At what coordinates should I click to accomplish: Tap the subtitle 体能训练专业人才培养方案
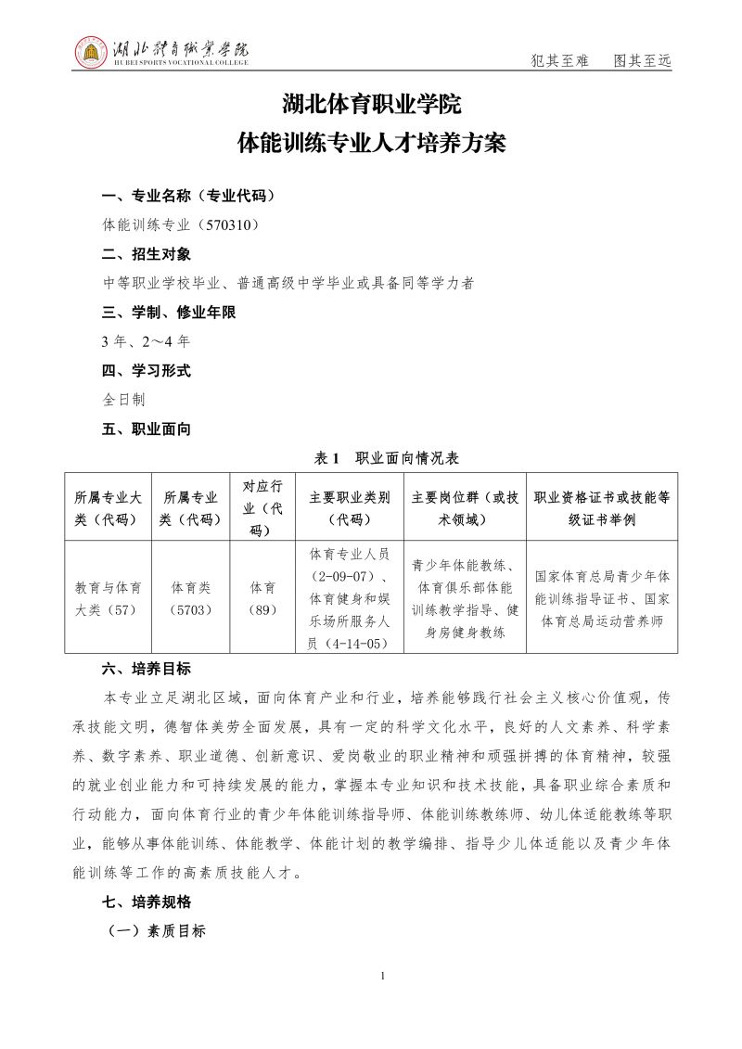371,144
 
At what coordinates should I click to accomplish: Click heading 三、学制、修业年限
169,313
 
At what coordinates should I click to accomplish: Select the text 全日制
123,400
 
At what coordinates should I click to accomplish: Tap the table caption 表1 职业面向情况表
370,458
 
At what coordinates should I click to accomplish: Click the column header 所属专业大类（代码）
108,507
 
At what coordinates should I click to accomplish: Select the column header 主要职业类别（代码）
350,507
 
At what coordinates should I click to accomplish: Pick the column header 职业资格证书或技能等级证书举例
602,507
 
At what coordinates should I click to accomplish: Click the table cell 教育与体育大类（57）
108,598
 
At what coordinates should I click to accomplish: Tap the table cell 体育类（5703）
191,598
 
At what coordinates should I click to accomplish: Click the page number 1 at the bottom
383,976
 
